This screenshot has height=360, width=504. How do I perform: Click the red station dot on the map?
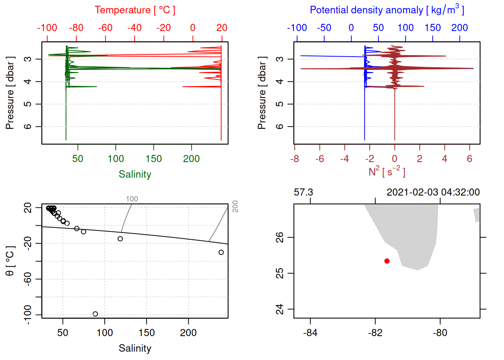(387, 261)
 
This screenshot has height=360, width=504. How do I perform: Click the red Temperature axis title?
(135, 10)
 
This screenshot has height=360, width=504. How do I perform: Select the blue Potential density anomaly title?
(387, 10)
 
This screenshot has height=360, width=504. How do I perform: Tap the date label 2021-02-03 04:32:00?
(433, 192)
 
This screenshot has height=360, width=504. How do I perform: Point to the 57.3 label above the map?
(303, 192)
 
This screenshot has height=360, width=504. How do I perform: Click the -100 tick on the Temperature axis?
(47, 28)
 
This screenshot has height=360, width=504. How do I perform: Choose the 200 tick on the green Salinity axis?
(191, 159)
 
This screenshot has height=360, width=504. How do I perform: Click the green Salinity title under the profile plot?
(135, 174)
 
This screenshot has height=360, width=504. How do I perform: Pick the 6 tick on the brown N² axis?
(469, 159)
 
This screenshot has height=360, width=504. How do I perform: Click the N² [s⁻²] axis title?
(387, 171)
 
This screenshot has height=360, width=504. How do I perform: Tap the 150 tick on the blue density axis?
(432, 28)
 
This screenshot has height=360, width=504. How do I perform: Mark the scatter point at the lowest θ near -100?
(95, 314)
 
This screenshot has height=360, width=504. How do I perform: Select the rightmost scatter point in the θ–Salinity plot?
(221, 252)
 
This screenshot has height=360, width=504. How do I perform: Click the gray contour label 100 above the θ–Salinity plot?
(132, 199)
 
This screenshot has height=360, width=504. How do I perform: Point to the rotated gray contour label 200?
(235, 206)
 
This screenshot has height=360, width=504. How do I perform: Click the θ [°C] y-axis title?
(10, 261)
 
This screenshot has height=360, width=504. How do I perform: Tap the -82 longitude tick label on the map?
(375, 333)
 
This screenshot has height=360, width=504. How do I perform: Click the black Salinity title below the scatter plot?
(135, 348)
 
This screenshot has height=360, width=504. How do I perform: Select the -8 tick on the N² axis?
(294, 159)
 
